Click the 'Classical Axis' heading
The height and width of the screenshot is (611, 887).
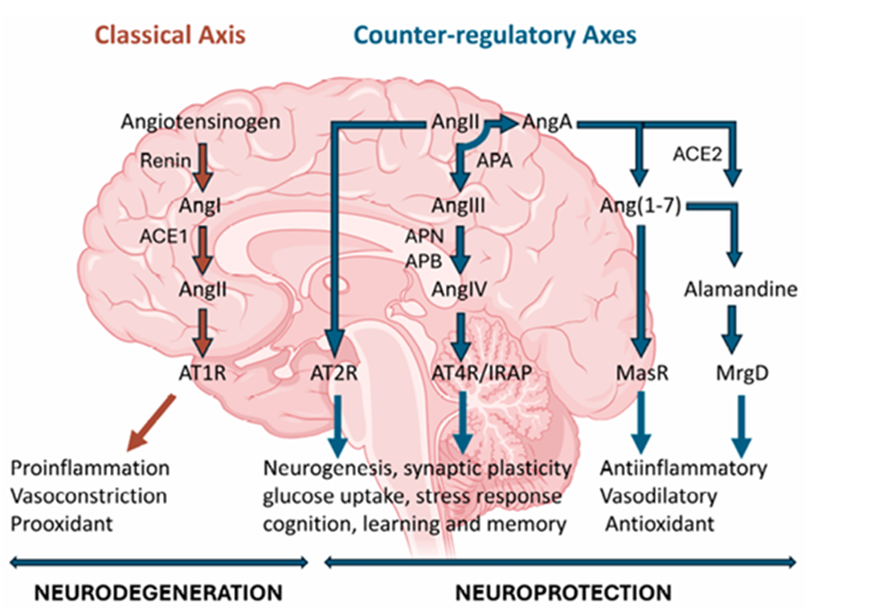(x=170, y=36)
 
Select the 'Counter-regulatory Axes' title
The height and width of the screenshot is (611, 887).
(x=495, y=36)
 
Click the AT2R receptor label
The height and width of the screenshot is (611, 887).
(x=338, y=373)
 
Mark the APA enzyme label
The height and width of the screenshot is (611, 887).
(x=495, y=161)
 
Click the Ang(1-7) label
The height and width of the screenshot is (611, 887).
(x=640, y=206)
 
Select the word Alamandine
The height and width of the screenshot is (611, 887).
(x=741, y=289)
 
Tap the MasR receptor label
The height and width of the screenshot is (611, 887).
(x=640, y=373)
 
